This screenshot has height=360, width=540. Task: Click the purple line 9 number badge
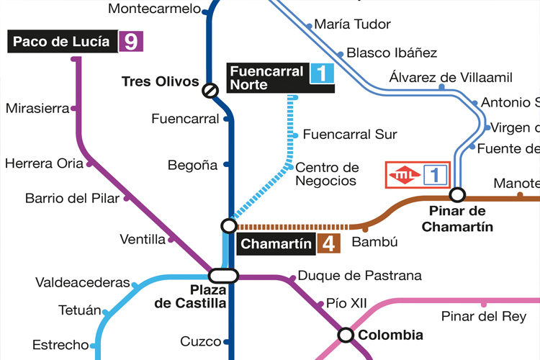[131, 41]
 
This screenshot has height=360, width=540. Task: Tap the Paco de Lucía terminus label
[62, 41]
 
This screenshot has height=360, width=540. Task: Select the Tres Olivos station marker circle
[210, 90]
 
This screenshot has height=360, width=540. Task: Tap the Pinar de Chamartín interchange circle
[456, 194]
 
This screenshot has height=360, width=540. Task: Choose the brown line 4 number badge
[328, 243]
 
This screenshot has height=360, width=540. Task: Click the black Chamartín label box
[275, 244]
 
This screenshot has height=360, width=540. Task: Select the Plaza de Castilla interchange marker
[224, 275]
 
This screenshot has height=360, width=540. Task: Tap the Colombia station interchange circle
[346, 335]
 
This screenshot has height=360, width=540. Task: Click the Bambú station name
[374, 243]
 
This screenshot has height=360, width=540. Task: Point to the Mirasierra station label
[37, 109]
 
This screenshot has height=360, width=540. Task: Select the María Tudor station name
[353, 24]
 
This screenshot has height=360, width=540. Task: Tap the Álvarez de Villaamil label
[451, 77]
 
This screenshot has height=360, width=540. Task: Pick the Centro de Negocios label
[327, 174]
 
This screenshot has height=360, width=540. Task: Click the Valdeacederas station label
[83, 283]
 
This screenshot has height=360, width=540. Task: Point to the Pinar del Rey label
[484, 317]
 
